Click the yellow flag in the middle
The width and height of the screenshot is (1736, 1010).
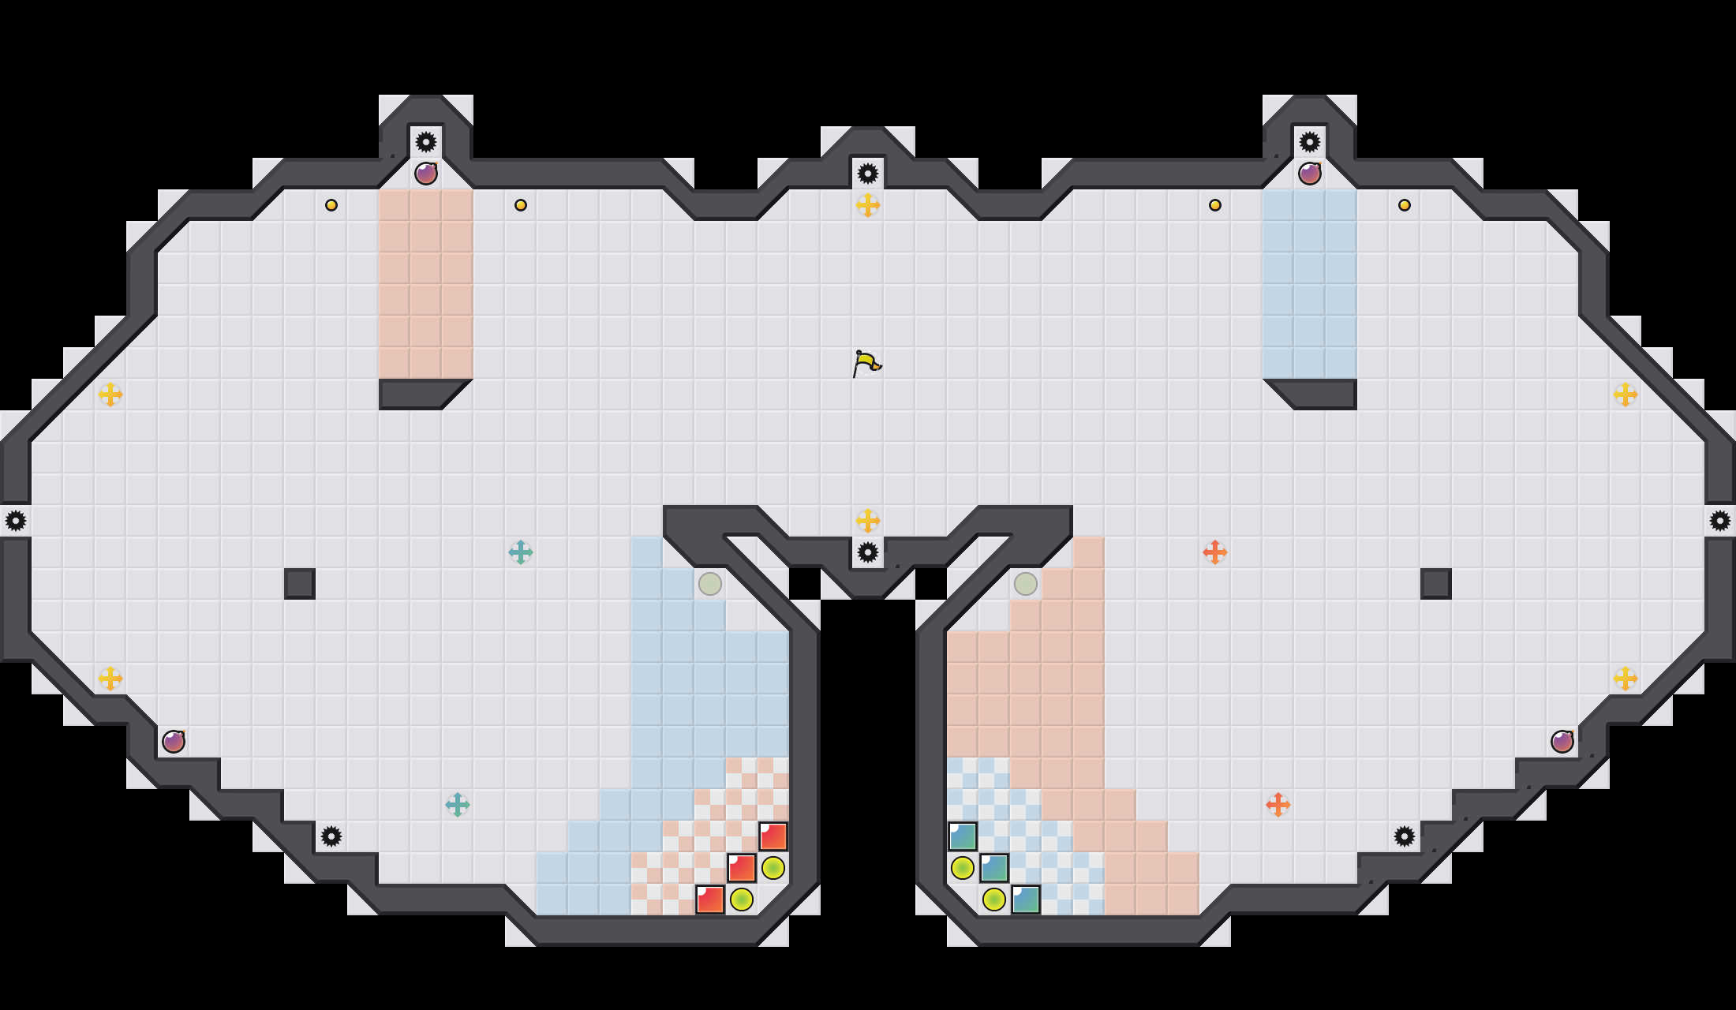(866, 364)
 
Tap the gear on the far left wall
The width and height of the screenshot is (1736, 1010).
(16, 521)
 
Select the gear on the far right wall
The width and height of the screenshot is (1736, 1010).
(1720, 521)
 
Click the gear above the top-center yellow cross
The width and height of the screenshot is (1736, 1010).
(868, 174)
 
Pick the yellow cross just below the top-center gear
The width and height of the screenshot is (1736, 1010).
(868, 205)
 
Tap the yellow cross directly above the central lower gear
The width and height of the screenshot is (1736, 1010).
(868, 521)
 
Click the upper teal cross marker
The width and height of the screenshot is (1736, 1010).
(521, 552)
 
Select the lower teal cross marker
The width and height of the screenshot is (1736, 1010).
(458, 805)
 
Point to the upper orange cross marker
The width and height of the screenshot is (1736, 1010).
(1215, 552)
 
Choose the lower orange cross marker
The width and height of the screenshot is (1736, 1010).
(1278, 805)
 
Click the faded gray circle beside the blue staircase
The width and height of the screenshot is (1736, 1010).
(710, 584)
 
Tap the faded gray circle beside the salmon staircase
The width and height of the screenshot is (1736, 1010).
(1026, 584)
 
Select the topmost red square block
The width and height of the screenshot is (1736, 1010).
(773, 836)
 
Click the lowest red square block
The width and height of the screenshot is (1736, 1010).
(710, 900)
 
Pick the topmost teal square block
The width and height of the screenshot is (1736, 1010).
(963, 836)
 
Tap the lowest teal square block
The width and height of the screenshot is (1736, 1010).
(1026, 900)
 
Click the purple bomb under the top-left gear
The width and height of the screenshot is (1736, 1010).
(426, 174)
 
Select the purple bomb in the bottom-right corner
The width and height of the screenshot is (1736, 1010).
(1562, 742)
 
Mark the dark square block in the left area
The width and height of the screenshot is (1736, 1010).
(300, 584)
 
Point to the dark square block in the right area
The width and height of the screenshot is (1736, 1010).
(1436, 584)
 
